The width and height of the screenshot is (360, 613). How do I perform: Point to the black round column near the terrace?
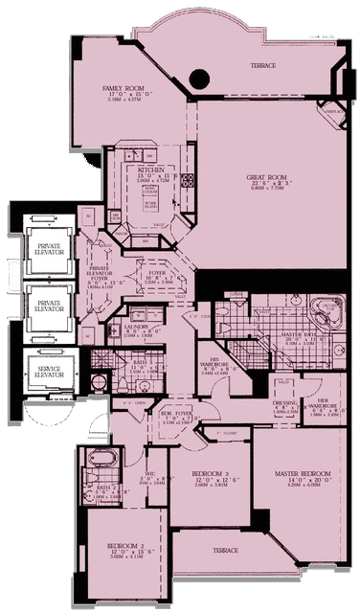pyautogui.click(x=199, y=79)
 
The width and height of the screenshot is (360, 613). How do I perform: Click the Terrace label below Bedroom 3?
pyautogui.click(x=225, y=551)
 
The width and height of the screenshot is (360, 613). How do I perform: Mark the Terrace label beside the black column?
pyautogui.click(x=262, y=65)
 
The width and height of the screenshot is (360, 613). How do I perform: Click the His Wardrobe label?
pyautogui.click(x=214, y=362)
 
